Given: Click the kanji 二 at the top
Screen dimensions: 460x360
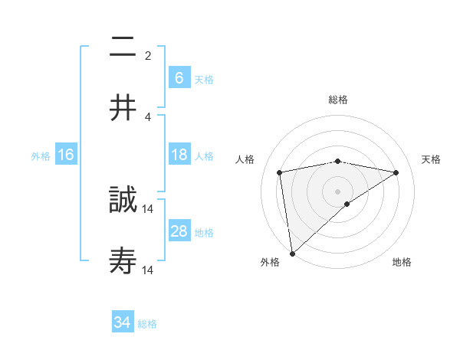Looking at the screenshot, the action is coord(123,47).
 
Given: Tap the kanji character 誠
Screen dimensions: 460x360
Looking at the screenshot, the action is coord(123,201).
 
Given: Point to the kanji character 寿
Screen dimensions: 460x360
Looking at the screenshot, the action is coord(123,262).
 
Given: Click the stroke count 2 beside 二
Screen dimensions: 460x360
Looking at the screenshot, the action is coord(148,55).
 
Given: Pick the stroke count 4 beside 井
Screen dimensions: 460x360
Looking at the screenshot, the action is coord(148,116).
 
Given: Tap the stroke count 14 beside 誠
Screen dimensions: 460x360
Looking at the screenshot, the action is coord(148,208).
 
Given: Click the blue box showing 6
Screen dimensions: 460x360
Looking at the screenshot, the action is coord(179,78).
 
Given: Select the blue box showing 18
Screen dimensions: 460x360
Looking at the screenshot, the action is coord(179,155).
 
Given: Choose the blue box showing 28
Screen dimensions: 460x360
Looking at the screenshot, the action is coord(179,231).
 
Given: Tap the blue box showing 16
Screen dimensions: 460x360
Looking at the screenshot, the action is coord(66,155).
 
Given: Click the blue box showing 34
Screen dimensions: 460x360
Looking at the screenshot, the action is coord(123,322).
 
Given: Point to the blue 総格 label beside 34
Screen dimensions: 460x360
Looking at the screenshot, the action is coord(148,324).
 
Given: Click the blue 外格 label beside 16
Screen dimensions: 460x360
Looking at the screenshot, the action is coord(41,155).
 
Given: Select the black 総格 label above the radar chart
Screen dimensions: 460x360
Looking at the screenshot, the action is coord(338,100).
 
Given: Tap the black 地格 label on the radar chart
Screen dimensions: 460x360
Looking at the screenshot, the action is coord(402,263).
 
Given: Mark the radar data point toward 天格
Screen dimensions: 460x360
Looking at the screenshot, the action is coord(396,172).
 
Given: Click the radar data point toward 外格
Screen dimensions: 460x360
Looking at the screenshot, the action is coord(291,253).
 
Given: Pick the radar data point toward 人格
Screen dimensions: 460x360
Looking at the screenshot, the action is coord(280,172).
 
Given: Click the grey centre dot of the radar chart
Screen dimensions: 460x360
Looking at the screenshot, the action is coord(338,191).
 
